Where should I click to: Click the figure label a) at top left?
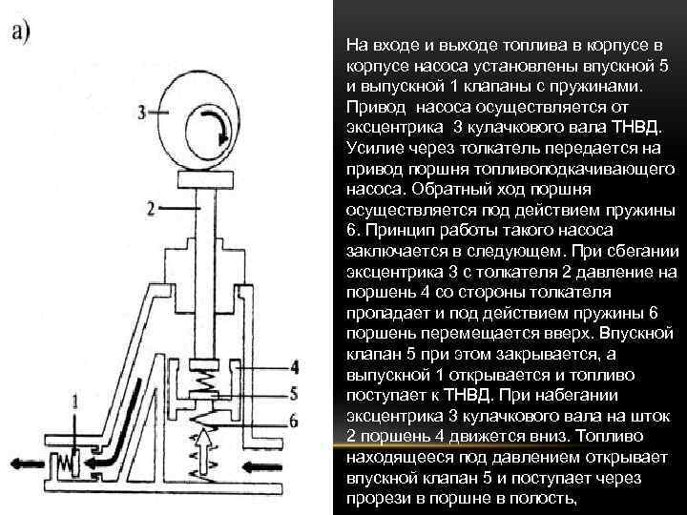tap(22, 31)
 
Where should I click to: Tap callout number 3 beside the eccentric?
tap(142, 112)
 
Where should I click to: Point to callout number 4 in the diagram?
tap(295, 366)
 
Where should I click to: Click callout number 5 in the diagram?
tap(295, 392)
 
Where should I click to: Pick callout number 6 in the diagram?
tap(294, 420)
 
